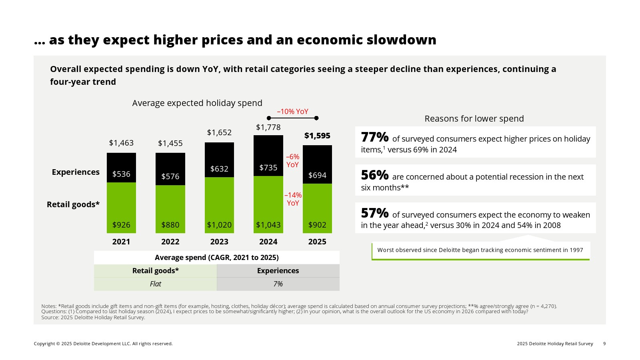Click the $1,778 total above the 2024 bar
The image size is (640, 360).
(268, 127)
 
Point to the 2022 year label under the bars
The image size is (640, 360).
(170, 242)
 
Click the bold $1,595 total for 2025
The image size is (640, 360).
(317, 136)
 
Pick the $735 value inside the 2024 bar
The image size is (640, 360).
(268, 168)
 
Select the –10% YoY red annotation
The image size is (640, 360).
(293, 112)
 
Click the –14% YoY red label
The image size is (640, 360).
(293, 199)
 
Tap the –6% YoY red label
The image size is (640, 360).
(292, 161)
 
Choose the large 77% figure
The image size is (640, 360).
(375, 137)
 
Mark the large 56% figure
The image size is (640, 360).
(375, 175)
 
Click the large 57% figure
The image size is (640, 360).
(375, 213)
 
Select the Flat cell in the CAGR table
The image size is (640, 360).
(155, 284)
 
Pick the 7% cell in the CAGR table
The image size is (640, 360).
(278, 284)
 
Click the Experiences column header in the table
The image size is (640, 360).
(278, 271)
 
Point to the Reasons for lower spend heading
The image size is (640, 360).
(474, 119)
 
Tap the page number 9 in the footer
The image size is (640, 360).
(604, 344)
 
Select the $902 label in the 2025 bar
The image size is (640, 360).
(317, 225)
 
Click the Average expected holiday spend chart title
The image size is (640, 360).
(197, 103)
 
